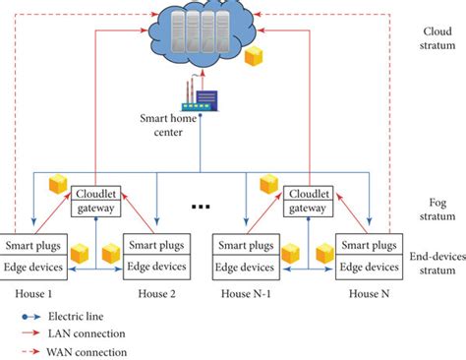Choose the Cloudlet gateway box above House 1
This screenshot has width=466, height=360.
pyautogui.click(x=95, y=201)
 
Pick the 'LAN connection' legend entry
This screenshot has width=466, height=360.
pyautogui.click(x=79, y=333)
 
